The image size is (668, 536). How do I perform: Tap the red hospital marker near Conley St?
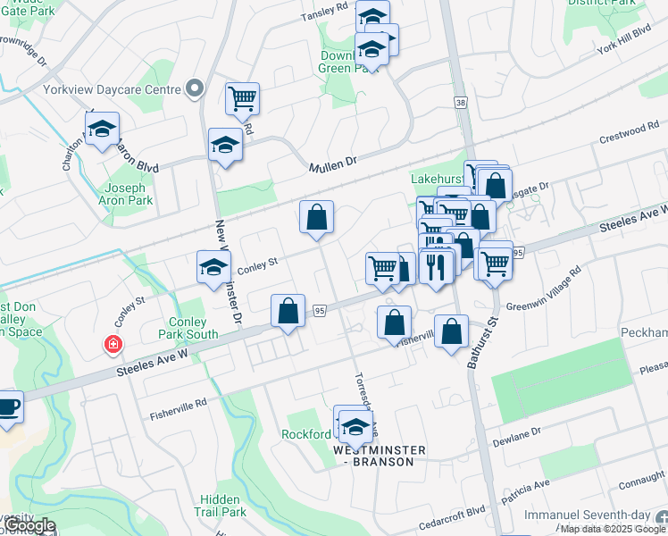pyautogui.click(x=113, y=344)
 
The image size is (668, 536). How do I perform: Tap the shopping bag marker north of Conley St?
pyautogui.click(x=316, y=217)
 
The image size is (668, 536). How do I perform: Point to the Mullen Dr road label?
pyautogui.click(x=333, y=163)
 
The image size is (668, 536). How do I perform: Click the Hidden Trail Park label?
pyautogui.click(x=220, y=506)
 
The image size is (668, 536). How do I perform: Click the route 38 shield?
pyautogui.click(x=461, y=103)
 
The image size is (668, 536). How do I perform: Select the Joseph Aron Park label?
pyautogui.click(x=129, y=194)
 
